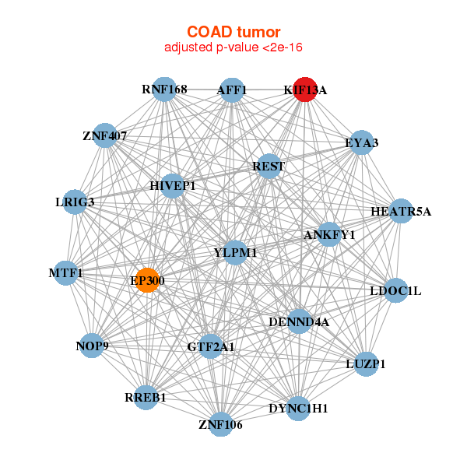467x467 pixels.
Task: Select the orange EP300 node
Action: pyautogui.click(x=147, y=280)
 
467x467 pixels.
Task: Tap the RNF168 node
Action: pyautogui.click(x=164, y=90)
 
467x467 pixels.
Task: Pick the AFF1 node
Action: pyautogui.click(x=232, y=90)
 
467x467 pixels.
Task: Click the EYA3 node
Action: pyautogui.click(x=360, y=142)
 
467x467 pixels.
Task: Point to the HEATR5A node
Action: pyautogui.click(x=400, y=211)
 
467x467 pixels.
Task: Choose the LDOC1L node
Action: pyautogui.click(x=395, y=291)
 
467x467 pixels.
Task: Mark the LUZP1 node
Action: pyautogui.click(x=366, y=363)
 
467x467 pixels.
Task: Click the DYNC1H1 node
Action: pyautogui.click(x=299, y=408)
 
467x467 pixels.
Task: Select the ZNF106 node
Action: pyautogui.click(x=221, y=424)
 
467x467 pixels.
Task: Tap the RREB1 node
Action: pyautogui.click(x=146, y=397)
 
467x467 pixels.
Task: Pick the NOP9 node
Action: pyautogui.click(x=93, y=345)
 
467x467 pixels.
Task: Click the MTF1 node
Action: pyautogui.click(x=65, y=273)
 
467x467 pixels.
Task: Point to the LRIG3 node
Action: pyautogui.click(x=76, y=202)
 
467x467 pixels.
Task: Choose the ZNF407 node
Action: pyautogui.click(x=105, y=136)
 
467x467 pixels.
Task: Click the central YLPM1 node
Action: pyautogui.click(x=235, y=252)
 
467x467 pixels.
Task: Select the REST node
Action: pyautogui.click(x=269, y=166)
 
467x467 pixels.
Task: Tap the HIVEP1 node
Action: pyautogui.click(x=173, y=186)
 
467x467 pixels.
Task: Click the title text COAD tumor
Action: pyautogui.click(x=233, y=32)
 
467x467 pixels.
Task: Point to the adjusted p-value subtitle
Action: pyautogui.click(x=233, y=47)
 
